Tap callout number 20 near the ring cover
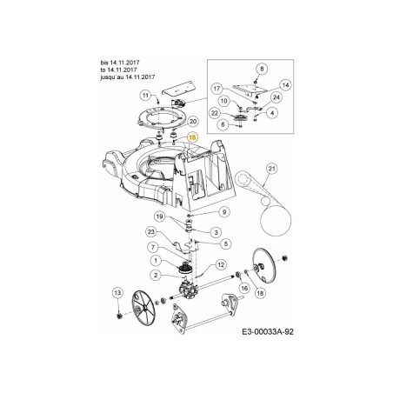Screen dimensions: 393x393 tap(193, 122)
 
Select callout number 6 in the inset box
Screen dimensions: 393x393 tap(224, 124)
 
